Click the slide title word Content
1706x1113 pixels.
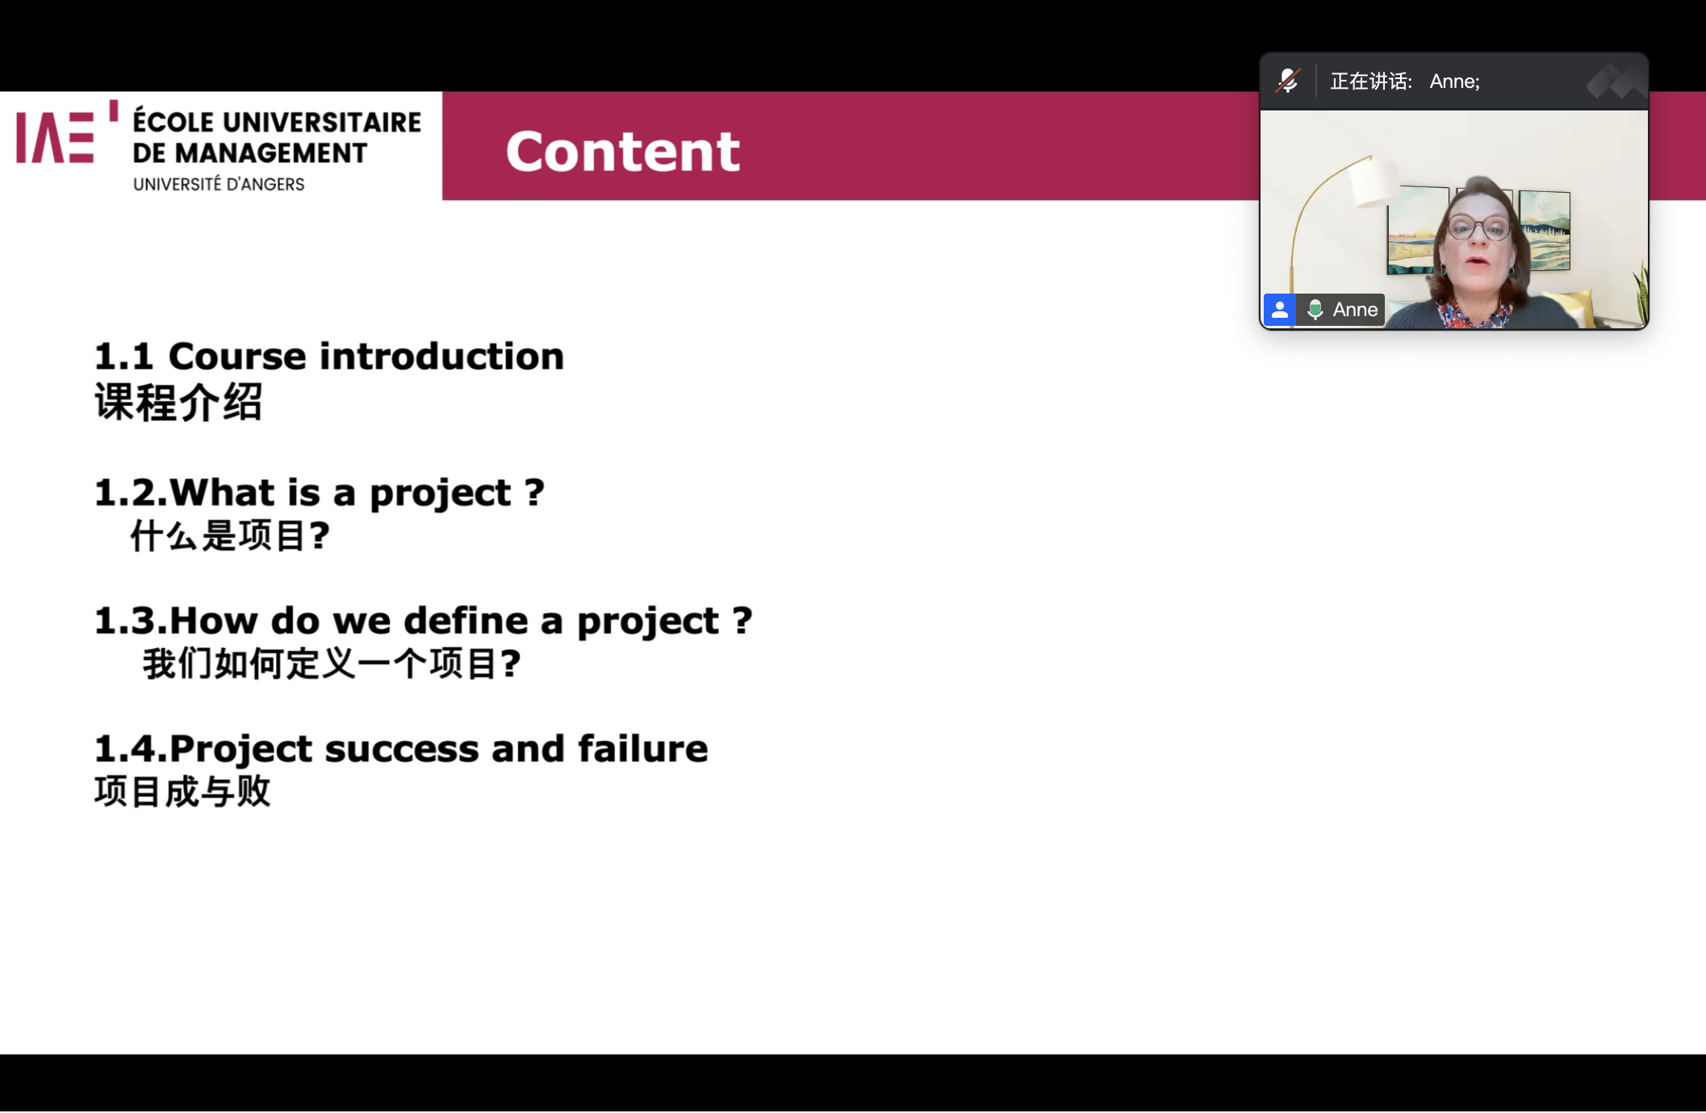pos(622,151)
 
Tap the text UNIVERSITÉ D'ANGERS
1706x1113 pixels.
pos(219,185)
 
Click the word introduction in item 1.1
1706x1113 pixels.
pos(446,356)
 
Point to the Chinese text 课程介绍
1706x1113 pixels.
pos(178,402)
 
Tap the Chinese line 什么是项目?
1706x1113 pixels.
pos(230,536)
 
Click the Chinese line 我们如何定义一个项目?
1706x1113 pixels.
pos(332,664)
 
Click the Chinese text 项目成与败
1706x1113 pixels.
pos(182,791)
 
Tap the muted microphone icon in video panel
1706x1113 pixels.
pos(1288,81)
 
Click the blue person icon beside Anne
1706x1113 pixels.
pos(1280,310)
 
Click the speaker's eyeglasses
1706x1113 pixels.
pos(1478,228)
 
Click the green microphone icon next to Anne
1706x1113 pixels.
pos(1315,310)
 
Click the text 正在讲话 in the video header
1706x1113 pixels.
pos(1369,81)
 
